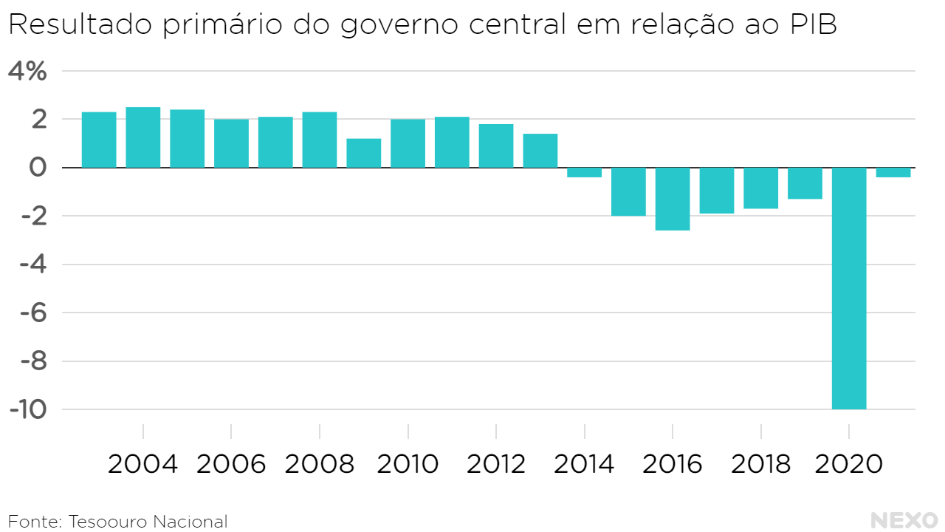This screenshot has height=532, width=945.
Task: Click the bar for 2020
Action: click(x=849, y=288)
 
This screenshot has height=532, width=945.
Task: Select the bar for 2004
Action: click(x=143, y=137)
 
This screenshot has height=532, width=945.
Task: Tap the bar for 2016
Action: click(x=673, y=199)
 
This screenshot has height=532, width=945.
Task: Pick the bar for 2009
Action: click(x=364, y=153)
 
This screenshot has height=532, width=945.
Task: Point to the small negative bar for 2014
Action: click(x=584, y=173)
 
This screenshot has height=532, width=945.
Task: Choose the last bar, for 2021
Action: click(x=893, y=173)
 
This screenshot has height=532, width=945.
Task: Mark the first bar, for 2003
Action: click(x=99, y=140)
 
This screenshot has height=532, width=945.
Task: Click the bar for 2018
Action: click(x=760, y=188)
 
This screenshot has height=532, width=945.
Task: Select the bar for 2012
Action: click(x=496, y=146)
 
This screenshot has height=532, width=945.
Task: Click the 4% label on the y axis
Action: click(x=27, y=72)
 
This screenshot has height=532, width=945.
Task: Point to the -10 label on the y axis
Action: click(x=27, y=409)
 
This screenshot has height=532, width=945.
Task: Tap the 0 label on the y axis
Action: click(x=37, y=168)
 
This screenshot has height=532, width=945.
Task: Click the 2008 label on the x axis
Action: click(x=320, y=465)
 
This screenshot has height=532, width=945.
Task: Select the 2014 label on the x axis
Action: click(x=584, y=465)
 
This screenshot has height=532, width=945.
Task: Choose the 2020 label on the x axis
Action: click(x=849, y=465)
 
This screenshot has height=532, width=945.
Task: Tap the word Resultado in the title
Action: click(x=80, y=25)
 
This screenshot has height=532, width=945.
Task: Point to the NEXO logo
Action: click(x=904, y=520)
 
